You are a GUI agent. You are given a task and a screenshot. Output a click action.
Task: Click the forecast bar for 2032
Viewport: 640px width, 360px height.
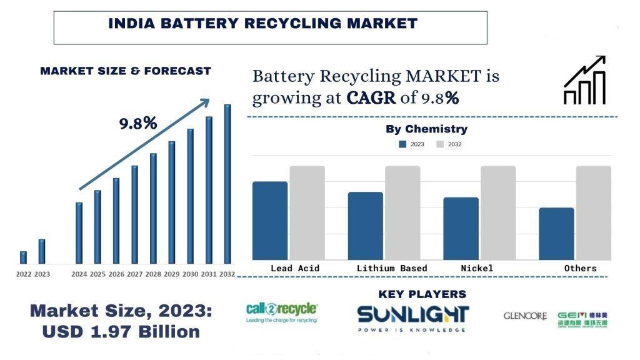pos(227,184)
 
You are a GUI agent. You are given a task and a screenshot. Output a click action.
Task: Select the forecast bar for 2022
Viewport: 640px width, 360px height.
pos(24,257)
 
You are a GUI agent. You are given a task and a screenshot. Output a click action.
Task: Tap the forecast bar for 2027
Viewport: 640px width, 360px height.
pos(134,214)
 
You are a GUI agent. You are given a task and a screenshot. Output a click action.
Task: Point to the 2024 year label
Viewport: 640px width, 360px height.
pos(79,274)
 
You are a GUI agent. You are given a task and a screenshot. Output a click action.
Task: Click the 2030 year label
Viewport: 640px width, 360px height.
pos(191,274)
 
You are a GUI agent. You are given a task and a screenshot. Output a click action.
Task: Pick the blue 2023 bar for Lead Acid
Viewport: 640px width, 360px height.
pos(270,220)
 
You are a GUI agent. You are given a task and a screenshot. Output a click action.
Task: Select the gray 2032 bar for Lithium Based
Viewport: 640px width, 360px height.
pos(402,212)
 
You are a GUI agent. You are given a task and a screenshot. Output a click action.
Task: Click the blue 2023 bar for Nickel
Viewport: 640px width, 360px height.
pos(461,228)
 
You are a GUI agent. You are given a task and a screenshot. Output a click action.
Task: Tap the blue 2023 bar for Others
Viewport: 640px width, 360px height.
pos(556,233)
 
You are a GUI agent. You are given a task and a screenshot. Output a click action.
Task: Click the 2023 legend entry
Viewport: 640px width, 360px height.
pos(412,144)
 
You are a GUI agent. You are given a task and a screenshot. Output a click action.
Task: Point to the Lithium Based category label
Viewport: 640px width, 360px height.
pos(392,268)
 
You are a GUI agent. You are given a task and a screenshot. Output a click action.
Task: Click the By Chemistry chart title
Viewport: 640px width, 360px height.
pos(426,129)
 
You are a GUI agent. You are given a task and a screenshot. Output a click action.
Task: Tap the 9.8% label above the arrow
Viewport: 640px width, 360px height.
pos(138,123)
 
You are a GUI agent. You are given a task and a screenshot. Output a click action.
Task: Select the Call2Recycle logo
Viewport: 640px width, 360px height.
pos(282,312)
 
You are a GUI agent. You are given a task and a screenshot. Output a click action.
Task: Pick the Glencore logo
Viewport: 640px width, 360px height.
pos(525,316)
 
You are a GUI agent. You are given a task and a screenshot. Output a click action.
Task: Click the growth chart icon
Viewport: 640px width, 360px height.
pos(585,81)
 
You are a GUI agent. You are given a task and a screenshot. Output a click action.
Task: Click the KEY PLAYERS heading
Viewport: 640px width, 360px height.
pos(422,294)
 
